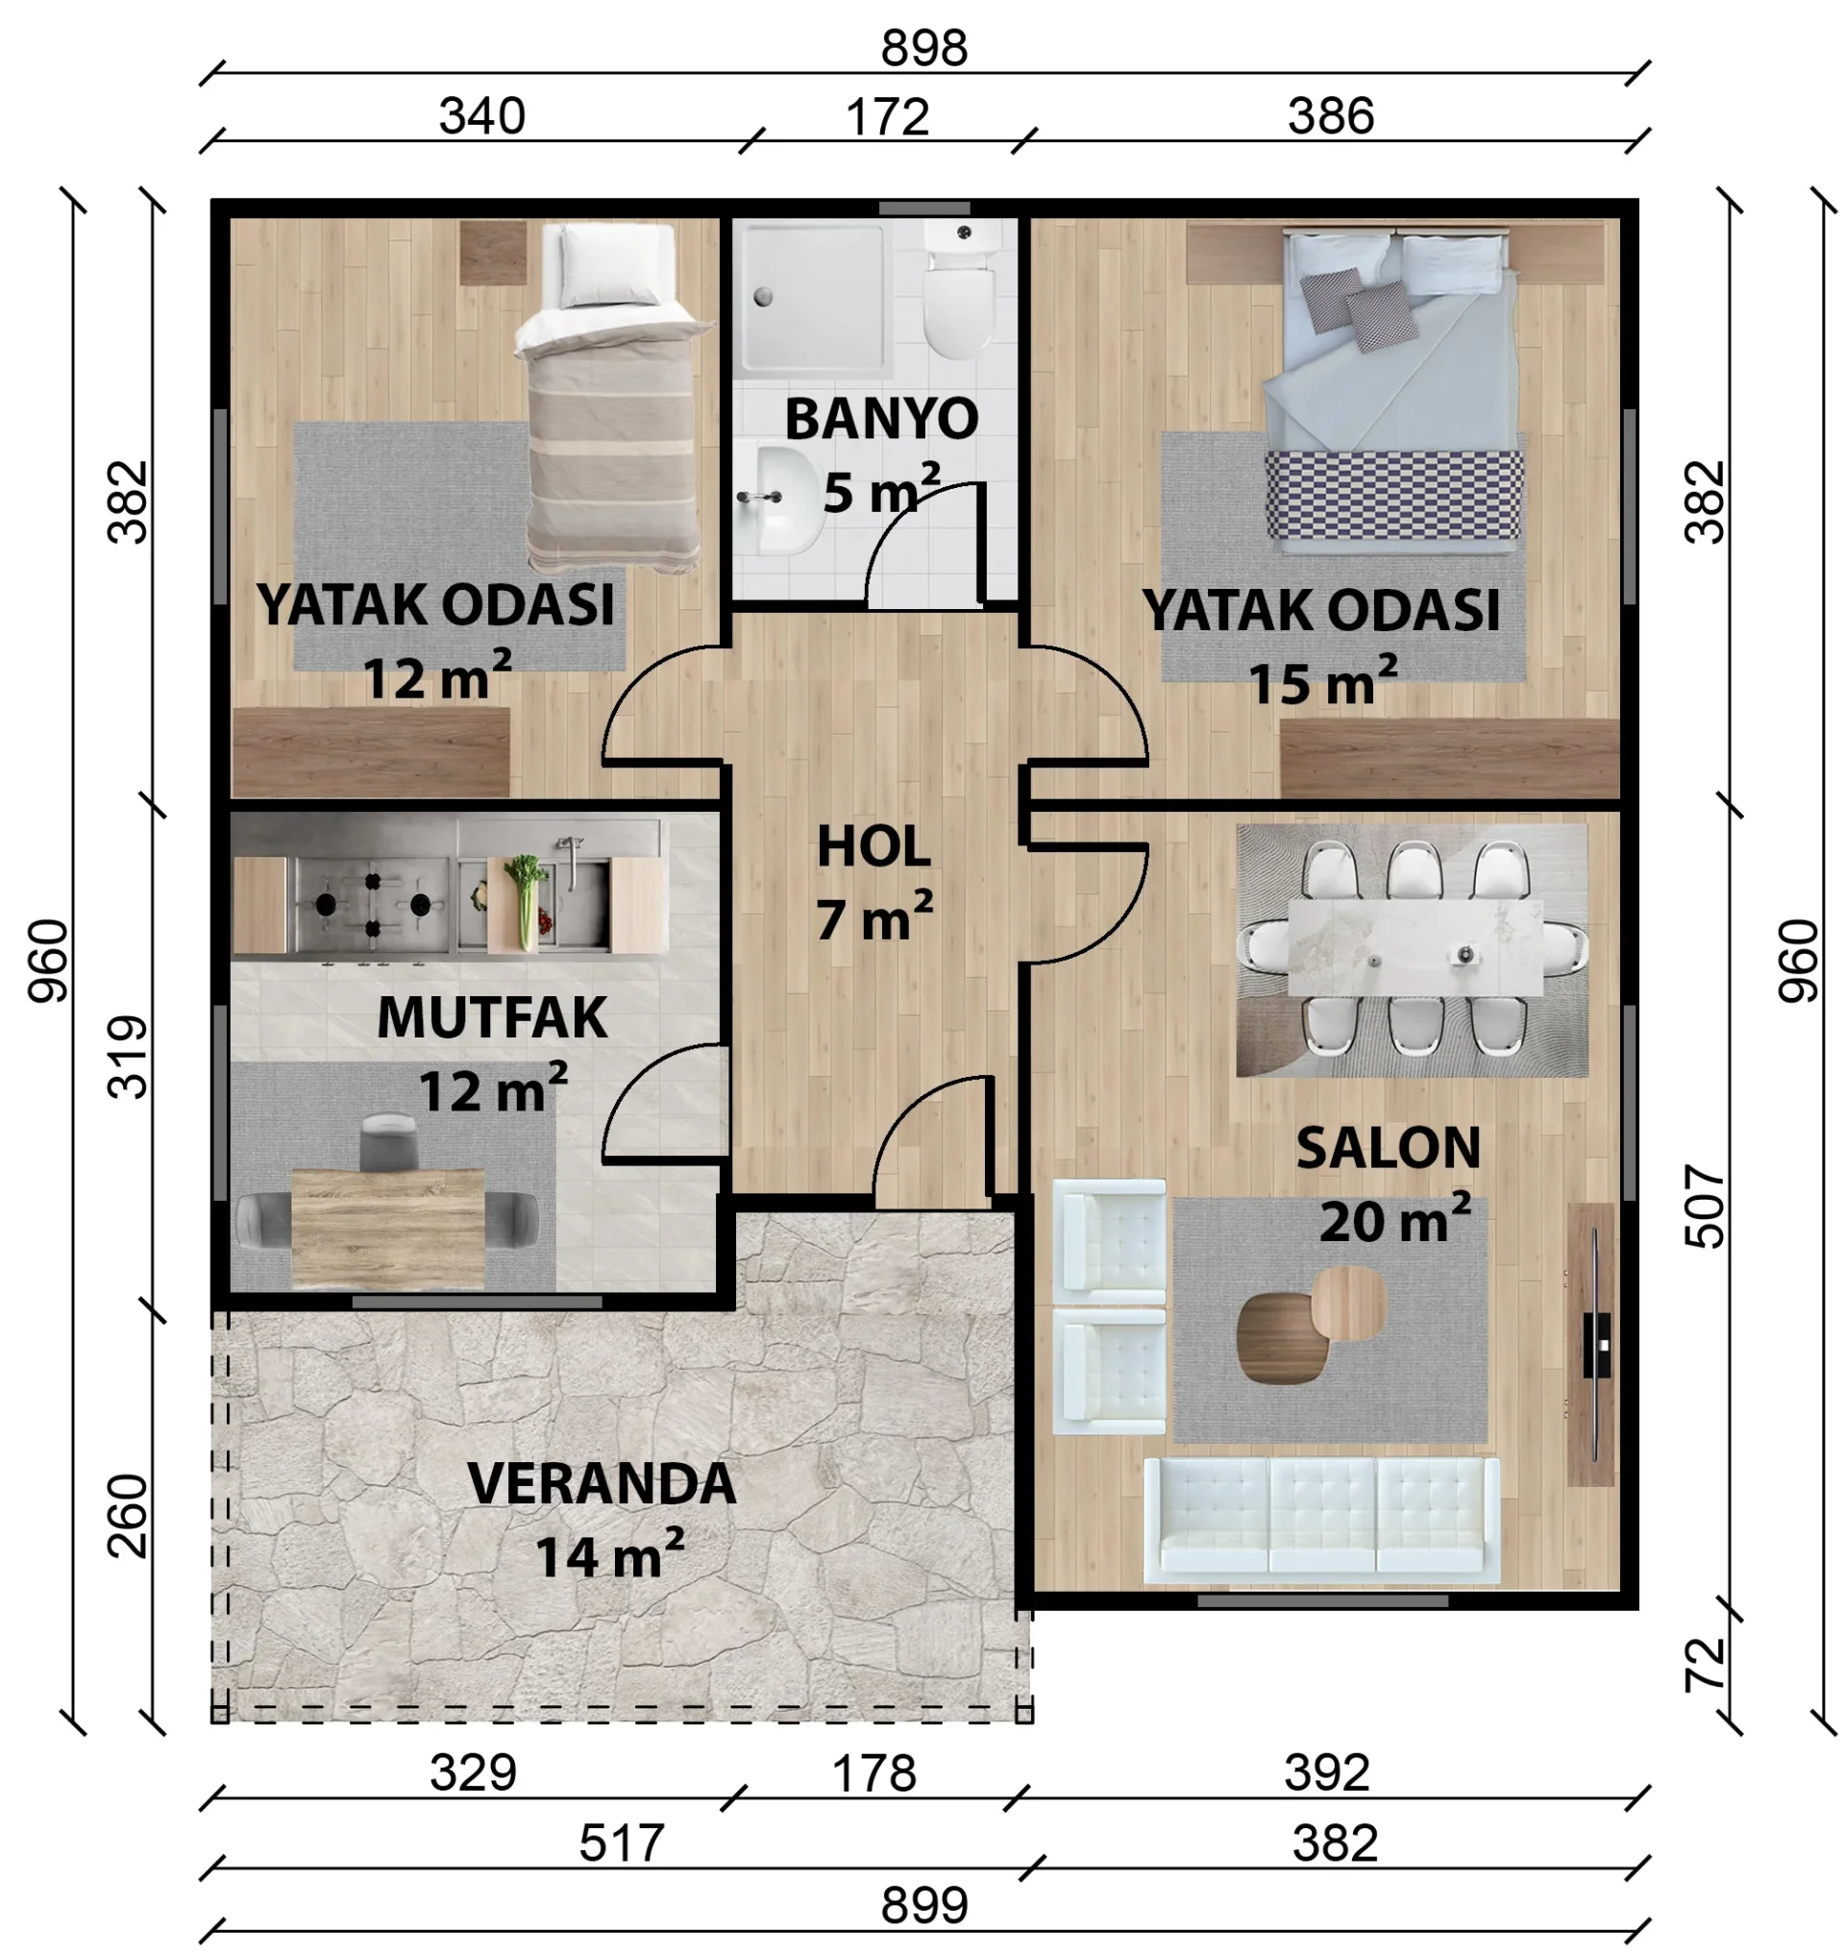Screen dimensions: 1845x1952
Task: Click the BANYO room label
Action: (881, 419)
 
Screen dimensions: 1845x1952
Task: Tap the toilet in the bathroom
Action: (961, 290)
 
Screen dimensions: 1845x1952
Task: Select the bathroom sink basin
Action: (783, 500)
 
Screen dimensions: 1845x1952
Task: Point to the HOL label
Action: (873, 847)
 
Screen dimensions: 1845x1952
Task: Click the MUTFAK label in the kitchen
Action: (492, 1018)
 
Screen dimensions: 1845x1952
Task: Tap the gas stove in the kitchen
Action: (373, 904)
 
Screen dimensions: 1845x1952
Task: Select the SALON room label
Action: (1388, 1148)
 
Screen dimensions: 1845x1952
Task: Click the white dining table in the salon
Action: (1414, 947)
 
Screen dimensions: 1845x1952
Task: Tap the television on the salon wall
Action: (1596, 1344)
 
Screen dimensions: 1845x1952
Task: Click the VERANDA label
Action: (601, 1484)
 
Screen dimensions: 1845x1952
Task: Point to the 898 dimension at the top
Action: (923, 48)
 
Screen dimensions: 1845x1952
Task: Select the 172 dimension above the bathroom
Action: (887, 117)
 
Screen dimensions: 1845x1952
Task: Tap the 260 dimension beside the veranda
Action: (128, 1515)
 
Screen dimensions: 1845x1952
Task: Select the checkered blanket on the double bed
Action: (1393, 496)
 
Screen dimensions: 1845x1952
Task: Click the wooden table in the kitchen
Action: (387, 1229)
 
